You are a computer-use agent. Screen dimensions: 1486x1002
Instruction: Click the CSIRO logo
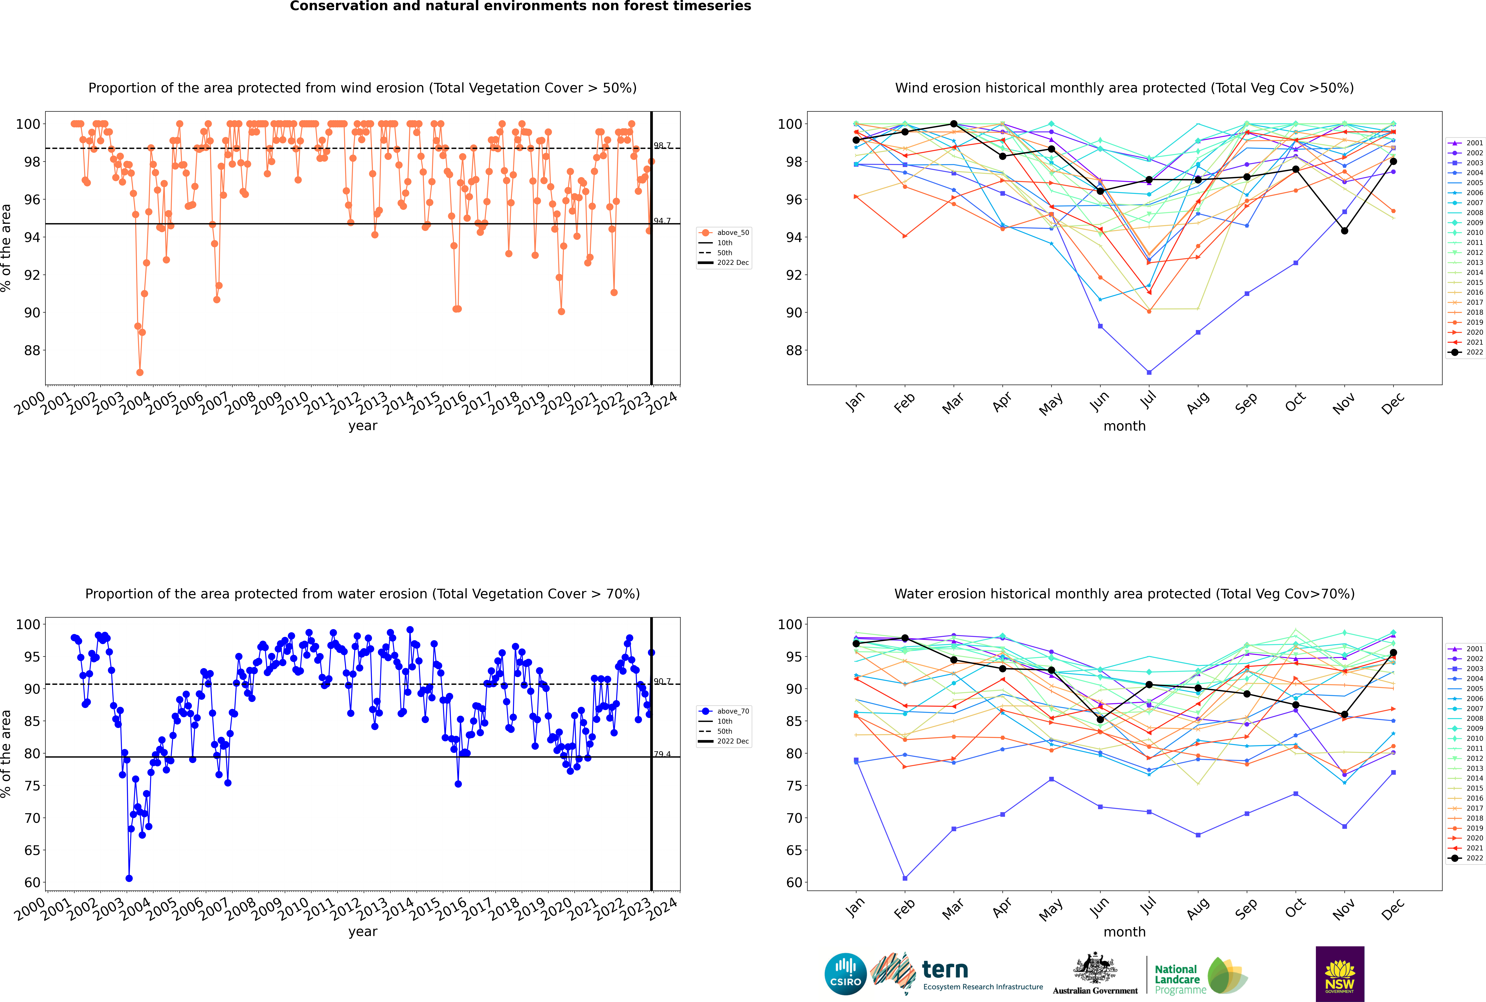[845, 974]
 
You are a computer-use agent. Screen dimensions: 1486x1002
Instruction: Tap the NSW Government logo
[1340, 974]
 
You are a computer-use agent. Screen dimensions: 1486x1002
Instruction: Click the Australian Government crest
[1095, 974]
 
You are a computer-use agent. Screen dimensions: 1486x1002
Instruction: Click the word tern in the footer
[945, 970]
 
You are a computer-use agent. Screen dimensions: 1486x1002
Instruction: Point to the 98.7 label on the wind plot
[662, 146]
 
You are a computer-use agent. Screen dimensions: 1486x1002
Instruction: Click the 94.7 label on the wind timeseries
[662, 221]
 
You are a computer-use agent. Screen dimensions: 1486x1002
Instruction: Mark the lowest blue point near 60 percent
[129, 878]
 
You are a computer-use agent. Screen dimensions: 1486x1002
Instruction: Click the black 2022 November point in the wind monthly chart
[1344, 231]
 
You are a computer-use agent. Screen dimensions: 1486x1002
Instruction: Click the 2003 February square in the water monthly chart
[905, 878]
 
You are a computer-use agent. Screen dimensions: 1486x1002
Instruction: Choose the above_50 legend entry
[724, 233]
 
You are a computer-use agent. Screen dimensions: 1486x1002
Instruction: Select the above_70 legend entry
[724, 711]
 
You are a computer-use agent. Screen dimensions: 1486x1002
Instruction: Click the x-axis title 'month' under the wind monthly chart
[1124, 426]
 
